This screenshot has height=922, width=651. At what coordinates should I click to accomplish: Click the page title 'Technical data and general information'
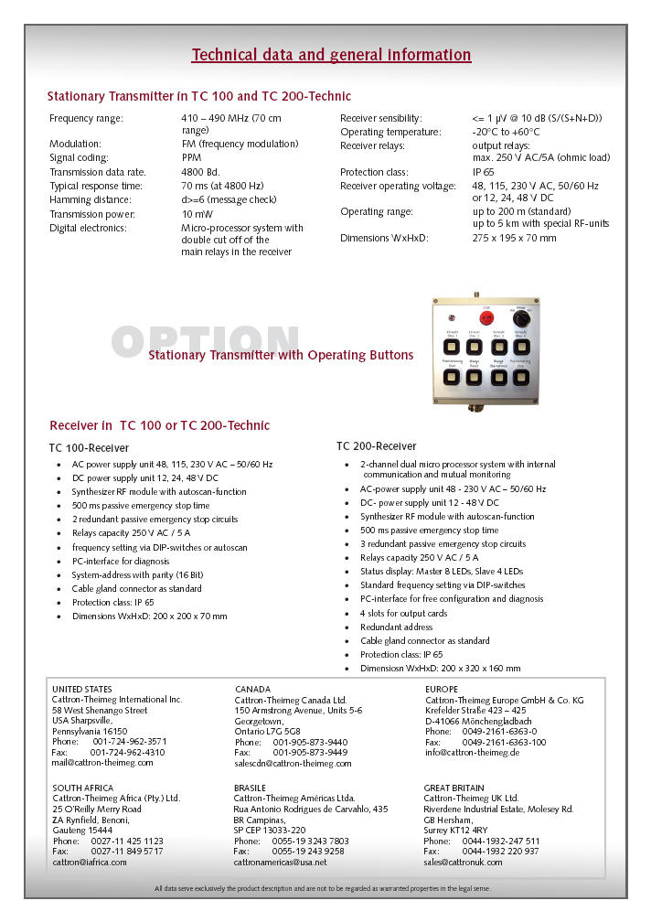tap(331, 55)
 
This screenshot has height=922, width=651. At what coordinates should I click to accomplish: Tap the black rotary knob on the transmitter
tap(522, 318)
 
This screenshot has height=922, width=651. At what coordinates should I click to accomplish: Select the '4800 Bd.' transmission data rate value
tap(200, 172)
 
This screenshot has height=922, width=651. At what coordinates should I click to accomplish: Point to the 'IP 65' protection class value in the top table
tap(484, 172)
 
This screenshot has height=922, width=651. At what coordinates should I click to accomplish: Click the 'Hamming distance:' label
tap(90, 199)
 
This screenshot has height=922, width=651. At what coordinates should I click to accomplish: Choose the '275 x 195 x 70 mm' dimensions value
tap(514, 238)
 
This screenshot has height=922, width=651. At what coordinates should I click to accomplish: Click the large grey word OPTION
tap(205, 342)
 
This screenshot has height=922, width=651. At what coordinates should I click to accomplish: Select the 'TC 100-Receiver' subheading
tap(89, 448)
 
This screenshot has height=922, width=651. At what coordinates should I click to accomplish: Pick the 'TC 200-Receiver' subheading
tap(376, 446)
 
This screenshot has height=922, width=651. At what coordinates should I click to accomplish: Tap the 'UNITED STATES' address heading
tap(82, 689)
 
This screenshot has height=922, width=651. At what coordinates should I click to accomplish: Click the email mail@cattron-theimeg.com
tap(102, 762)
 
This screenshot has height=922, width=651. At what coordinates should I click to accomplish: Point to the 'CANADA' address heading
tap(252, 689)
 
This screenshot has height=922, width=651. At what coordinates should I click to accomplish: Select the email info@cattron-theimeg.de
tap(472, 753)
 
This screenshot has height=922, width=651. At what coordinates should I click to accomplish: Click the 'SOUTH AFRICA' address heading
tap(83, 788)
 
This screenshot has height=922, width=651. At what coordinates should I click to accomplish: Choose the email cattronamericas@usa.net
tap(280, 862)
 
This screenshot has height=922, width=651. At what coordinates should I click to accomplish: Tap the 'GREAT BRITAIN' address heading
tap(454, 788)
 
